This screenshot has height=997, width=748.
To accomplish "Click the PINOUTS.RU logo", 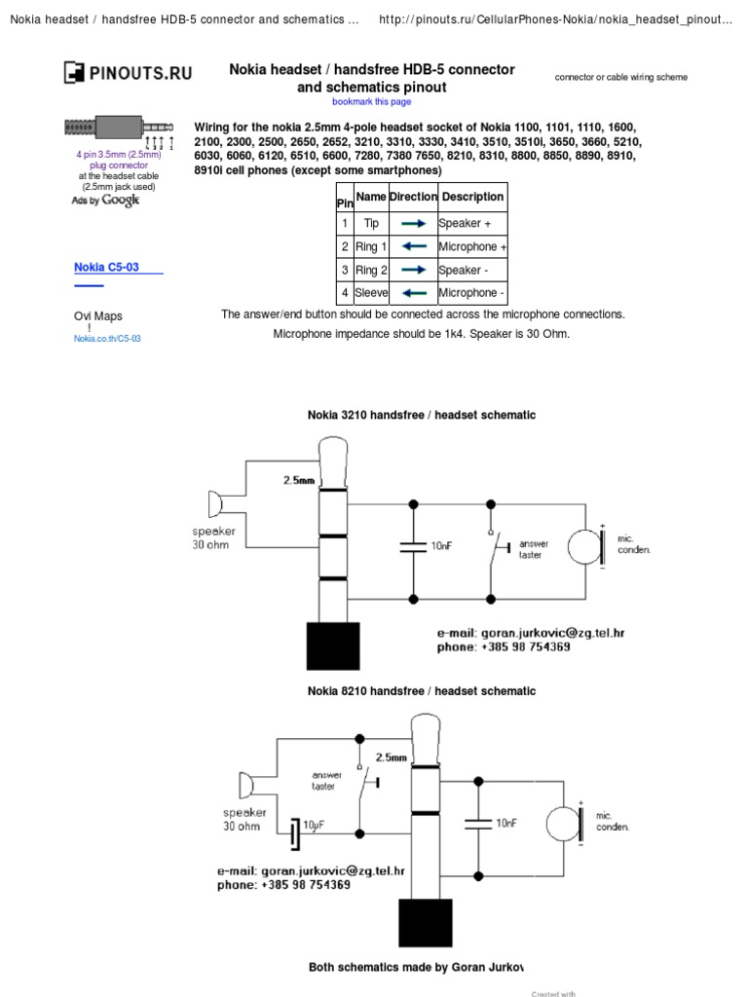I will [128, 72].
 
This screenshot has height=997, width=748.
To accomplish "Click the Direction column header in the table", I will [413, 197].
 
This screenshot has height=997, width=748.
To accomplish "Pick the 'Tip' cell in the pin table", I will [371, 223].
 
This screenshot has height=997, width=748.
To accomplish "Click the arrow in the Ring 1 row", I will [413, 246].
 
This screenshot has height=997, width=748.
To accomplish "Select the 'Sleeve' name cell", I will [371, 292].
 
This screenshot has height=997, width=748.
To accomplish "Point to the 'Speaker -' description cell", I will [472, 270].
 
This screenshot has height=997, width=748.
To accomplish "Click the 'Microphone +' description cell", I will [472, 246].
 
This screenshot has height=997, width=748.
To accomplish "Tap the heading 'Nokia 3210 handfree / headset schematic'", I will [422, 415].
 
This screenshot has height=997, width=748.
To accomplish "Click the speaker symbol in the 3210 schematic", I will [214, 505].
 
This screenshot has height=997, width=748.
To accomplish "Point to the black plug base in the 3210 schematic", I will [333, 645].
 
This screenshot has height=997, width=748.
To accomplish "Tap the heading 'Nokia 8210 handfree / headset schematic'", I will [422, 691].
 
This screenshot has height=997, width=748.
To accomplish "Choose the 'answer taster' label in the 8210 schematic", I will [325, 781].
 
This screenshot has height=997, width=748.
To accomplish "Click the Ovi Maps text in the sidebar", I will [98, 316].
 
